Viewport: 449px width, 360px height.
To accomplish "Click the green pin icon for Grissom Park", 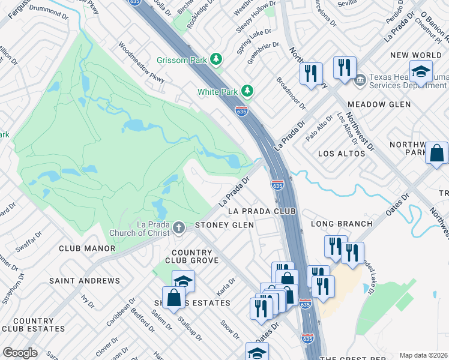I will [215, 59].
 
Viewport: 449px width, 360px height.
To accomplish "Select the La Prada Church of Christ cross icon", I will [178, 227].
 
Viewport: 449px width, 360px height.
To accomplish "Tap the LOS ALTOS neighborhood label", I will [342, 154].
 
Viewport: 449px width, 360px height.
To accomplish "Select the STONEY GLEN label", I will [224, 225].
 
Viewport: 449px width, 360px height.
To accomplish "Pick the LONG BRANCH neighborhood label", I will [342, 224].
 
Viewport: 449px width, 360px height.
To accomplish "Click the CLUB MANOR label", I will [87, 248].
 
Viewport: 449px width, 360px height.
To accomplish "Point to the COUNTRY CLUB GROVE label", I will [195, 256].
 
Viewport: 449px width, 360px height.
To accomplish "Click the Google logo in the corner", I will [20, 353].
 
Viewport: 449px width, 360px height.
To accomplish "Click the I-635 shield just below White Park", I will [242, 111].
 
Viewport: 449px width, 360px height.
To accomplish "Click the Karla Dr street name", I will [223, 285].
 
